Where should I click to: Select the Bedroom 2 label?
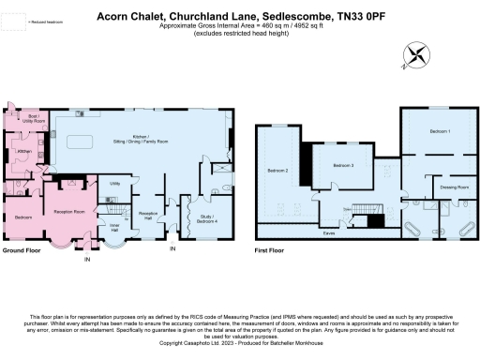(x=277, y=171)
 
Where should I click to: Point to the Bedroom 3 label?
(x=343, y=164)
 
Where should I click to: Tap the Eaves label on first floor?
(x=329, y=231)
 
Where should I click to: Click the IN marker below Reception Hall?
(x=172, y=248)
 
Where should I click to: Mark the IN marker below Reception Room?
(x=87, y=262)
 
